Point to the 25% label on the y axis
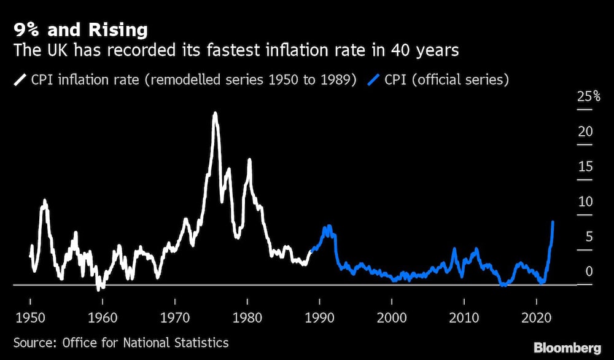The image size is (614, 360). (589, 96)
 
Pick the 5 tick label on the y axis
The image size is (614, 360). (588, 237)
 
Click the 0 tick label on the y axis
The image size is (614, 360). (588, 272)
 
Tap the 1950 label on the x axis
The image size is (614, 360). (30, 318)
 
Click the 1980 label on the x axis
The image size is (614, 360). (247, 318)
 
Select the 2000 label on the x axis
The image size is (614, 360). (392, 318)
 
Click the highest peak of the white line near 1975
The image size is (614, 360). (214, 113)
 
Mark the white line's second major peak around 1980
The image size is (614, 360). (249, 160)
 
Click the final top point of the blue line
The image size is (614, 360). (553, 222)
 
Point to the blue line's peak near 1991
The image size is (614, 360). (327, 226)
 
